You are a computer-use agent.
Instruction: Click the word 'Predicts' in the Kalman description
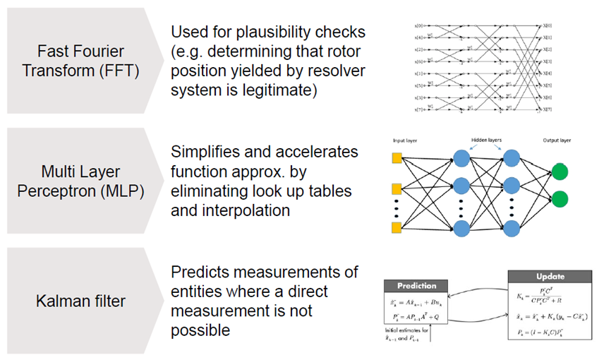click(x=202, y=272)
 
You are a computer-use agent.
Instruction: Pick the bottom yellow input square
click(x=397, y=227)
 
